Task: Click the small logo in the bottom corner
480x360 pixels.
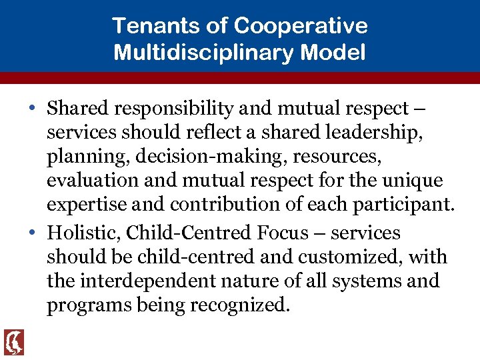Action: pyautogui.click(x=13, y=342)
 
